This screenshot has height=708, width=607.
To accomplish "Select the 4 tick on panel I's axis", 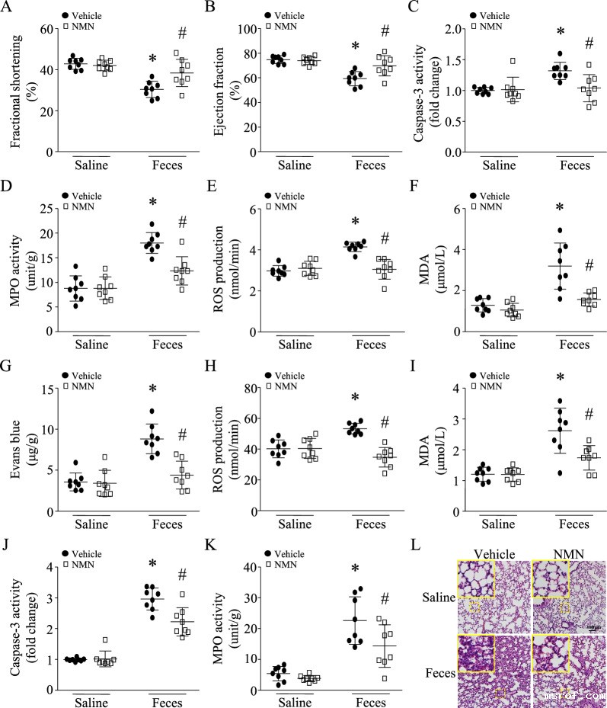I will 444,389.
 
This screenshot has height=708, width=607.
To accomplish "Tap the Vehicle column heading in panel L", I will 493,553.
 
